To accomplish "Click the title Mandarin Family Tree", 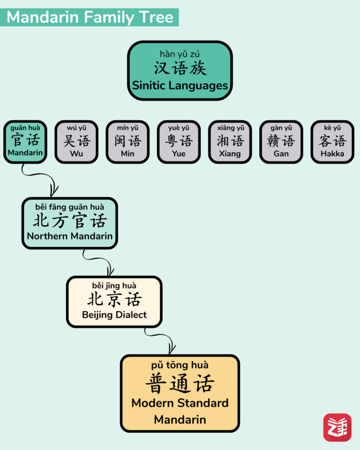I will [90, 17].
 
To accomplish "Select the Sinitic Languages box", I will [180, 70].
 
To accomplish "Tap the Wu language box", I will [76, 142].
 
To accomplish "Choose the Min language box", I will [127, 142].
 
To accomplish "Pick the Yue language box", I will [179, 142].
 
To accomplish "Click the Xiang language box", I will [230, 142].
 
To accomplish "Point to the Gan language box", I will [281, 142].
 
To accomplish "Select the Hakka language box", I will [332, 142].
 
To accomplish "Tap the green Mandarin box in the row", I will [25, 142].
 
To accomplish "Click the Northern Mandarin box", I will [70, 223].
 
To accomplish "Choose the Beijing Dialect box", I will [114, 301].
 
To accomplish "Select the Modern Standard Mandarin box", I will [180, 393].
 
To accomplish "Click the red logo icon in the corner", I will [337, 427].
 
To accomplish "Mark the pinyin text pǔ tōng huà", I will [180, 365].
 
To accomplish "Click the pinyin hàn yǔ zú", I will [180, 54].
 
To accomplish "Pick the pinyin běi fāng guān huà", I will [70, 207].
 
